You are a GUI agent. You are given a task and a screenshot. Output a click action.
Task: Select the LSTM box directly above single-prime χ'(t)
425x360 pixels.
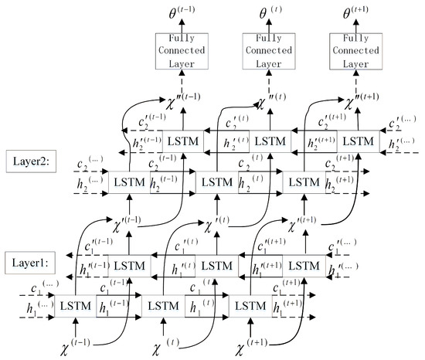[216, 182]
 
